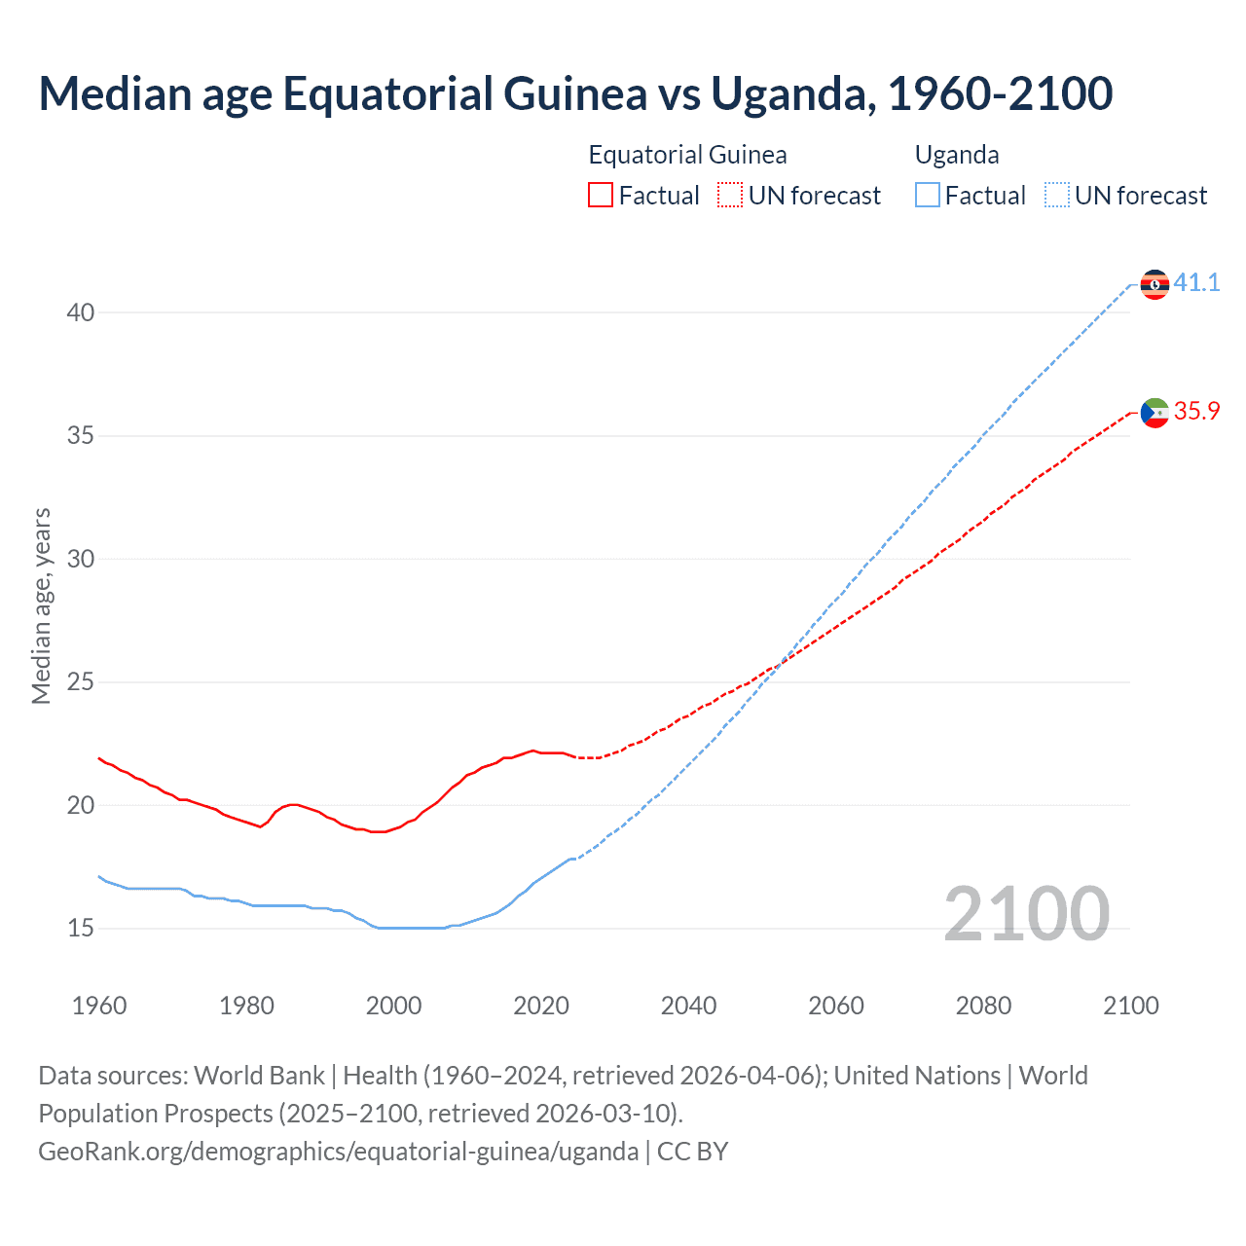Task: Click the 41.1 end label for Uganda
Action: point(1196,282)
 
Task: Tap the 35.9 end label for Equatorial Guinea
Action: point(1196,411)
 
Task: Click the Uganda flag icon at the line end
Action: point(1154,284)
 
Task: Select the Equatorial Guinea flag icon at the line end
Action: point(1154,413)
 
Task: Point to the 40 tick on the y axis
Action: point(81,312)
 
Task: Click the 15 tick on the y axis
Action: point(81,929)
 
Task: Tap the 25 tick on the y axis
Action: point(81,682)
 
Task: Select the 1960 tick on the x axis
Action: point(99,1006)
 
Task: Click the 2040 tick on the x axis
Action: point(688,1006)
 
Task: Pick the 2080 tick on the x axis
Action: point(983,1006)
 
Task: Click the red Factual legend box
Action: point(601,196)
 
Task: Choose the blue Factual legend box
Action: point(928,196)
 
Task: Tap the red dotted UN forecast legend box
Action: point(730,196)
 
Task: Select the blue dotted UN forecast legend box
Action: point(1057,196)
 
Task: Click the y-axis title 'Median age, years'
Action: point(41,605)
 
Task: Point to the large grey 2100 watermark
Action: point(1027,913)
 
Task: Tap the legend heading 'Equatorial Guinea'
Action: point(687,155)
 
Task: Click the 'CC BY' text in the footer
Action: point(692,1151)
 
